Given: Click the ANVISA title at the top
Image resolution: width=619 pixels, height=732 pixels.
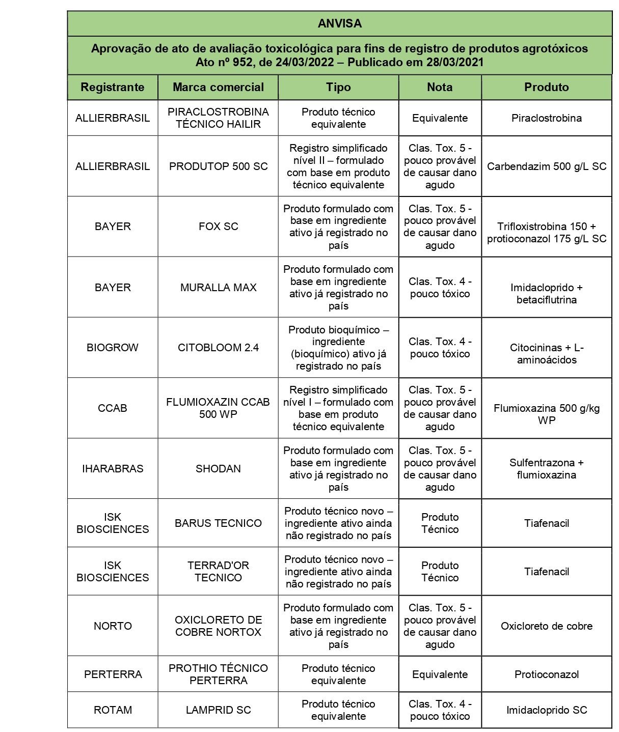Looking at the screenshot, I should (x=339, y=23).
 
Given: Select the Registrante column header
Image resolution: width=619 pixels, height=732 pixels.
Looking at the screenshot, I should (x=113, y=87).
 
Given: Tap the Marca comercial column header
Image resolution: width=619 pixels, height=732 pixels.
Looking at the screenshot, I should (x=218, y=87).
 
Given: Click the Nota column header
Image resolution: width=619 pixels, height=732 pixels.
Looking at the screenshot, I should (x=440, y=87).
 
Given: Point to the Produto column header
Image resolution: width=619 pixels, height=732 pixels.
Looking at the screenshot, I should (x=546, y=87).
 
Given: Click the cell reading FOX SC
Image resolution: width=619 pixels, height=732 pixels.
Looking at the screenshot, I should (x=218, y=227).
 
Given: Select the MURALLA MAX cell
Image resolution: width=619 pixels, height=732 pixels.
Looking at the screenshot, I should (x=218, y=288).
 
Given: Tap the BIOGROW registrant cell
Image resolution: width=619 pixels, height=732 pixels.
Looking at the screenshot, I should (x=113, y=348).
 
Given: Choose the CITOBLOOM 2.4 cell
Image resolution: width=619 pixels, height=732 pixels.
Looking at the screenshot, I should (x=218, y=348).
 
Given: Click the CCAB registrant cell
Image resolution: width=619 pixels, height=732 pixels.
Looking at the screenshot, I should (x=113, y=408).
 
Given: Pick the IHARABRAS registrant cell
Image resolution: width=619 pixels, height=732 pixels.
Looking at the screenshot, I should (x=113, y=469).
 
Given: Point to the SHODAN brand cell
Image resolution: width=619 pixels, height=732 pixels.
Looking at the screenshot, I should (x=218, y=469).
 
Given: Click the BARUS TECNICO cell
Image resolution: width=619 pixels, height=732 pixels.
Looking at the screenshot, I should (x=218, y=523).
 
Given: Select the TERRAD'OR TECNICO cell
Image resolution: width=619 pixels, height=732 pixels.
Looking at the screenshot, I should (x=218, y=572).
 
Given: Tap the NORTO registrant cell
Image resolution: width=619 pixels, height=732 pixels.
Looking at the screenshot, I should (x=113, y=626).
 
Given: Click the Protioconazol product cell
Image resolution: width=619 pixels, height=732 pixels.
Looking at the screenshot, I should (x=546, y=674).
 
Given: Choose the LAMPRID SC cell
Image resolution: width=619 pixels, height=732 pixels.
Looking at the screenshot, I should (x=218, y=710).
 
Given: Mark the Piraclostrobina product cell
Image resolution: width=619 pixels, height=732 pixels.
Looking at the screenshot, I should (x=546, y=118).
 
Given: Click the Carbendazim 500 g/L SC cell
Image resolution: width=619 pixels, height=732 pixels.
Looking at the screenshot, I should (x=546, y=166).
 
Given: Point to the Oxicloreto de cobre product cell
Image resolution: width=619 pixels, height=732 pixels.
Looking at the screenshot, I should (x=546, y=626).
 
